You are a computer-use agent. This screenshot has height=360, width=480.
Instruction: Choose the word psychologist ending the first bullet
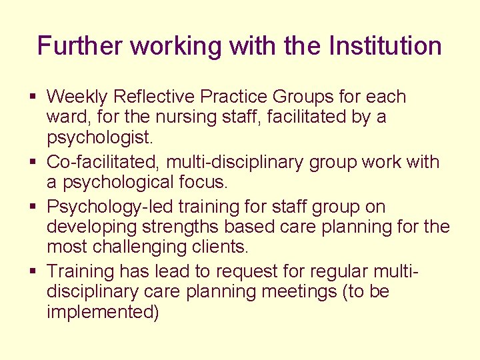[x=99, y=138]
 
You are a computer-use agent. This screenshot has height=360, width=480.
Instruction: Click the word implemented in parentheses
[x=103, y=313]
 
